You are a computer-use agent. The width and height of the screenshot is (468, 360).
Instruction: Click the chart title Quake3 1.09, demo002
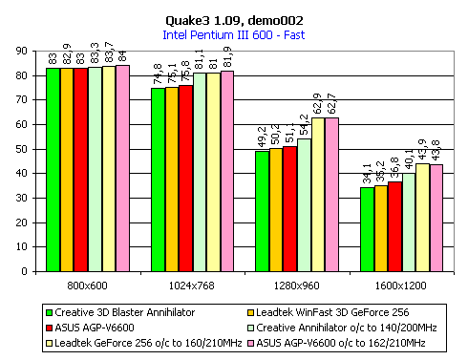pos(234,21)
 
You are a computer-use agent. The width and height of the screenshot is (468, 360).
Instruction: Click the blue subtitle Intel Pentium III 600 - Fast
pos(234,34)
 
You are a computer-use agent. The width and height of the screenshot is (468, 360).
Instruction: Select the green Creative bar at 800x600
pos(53,170)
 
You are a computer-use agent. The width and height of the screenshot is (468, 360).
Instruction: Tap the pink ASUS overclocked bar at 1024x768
pos(227,171)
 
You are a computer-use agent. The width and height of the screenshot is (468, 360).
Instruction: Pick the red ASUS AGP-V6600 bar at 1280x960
pos(289,209)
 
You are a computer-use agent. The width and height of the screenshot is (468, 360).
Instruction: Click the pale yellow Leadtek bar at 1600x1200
pos(422,218)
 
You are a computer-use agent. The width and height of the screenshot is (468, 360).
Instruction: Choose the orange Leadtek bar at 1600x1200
pos(381,228)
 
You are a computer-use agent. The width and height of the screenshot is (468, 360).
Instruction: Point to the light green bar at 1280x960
pos(304,205)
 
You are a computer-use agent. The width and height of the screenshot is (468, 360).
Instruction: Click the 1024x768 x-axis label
pos(192,286)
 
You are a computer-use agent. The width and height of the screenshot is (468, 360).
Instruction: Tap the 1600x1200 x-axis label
pos(400,286)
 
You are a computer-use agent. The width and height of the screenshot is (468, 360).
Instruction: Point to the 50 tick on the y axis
pos(22,149)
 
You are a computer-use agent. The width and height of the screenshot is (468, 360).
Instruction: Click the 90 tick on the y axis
pos(22,51)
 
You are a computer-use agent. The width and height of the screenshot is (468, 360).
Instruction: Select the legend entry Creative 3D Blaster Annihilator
pos(120,312)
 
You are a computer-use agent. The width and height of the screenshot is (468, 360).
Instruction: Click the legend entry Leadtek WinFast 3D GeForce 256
pos(329,312)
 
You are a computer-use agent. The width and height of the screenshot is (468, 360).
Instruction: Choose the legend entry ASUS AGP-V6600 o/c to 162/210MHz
pos(336,343)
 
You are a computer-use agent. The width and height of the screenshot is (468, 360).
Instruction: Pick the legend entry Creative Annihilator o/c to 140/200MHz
pos(342,328)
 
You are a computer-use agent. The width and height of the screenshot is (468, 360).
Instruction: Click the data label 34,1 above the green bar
pos(367,174)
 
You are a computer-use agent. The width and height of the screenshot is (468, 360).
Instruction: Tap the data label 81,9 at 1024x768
pos(227,57)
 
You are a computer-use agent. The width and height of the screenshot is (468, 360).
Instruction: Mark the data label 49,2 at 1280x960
pos(262,138)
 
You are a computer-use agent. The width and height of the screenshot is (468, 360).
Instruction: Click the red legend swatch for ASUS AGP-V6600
pos(49,328)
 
